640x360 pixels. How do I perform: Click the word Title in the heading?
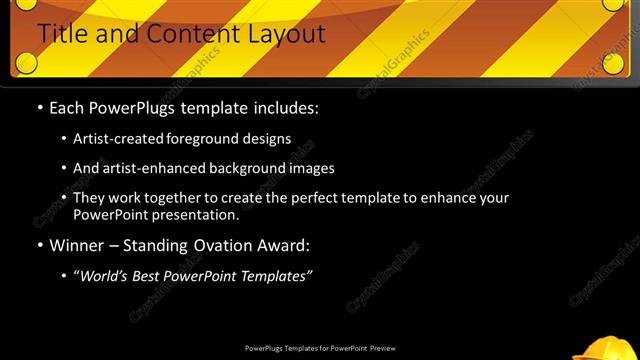64,34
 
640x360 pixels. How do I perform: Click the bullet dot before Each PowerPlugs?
40,108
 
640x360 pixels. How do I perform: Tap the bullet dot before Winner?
40,245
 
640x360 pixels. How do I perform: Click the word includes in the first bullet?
287,108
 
